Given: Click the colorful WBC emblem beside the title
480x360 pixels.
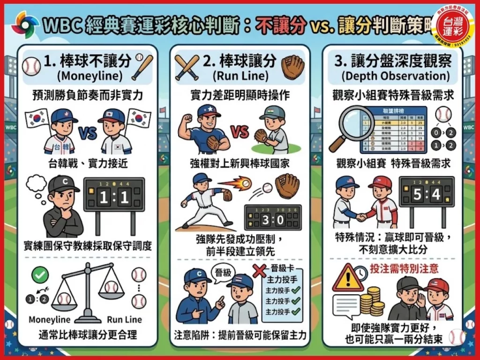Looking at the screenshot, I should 25,24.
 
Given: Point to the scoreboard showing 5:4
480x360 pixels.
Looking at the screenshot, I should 426,194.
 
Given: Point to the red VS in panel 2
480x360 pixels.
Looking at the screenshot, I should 240,132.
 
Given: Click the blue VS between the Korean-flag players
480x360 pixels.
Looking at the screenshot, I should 88,134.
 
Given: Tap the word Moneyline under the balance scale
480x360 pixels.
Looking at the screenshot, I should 50,320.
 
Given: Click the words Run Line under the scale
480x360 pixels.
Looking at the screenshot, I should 124,320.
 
